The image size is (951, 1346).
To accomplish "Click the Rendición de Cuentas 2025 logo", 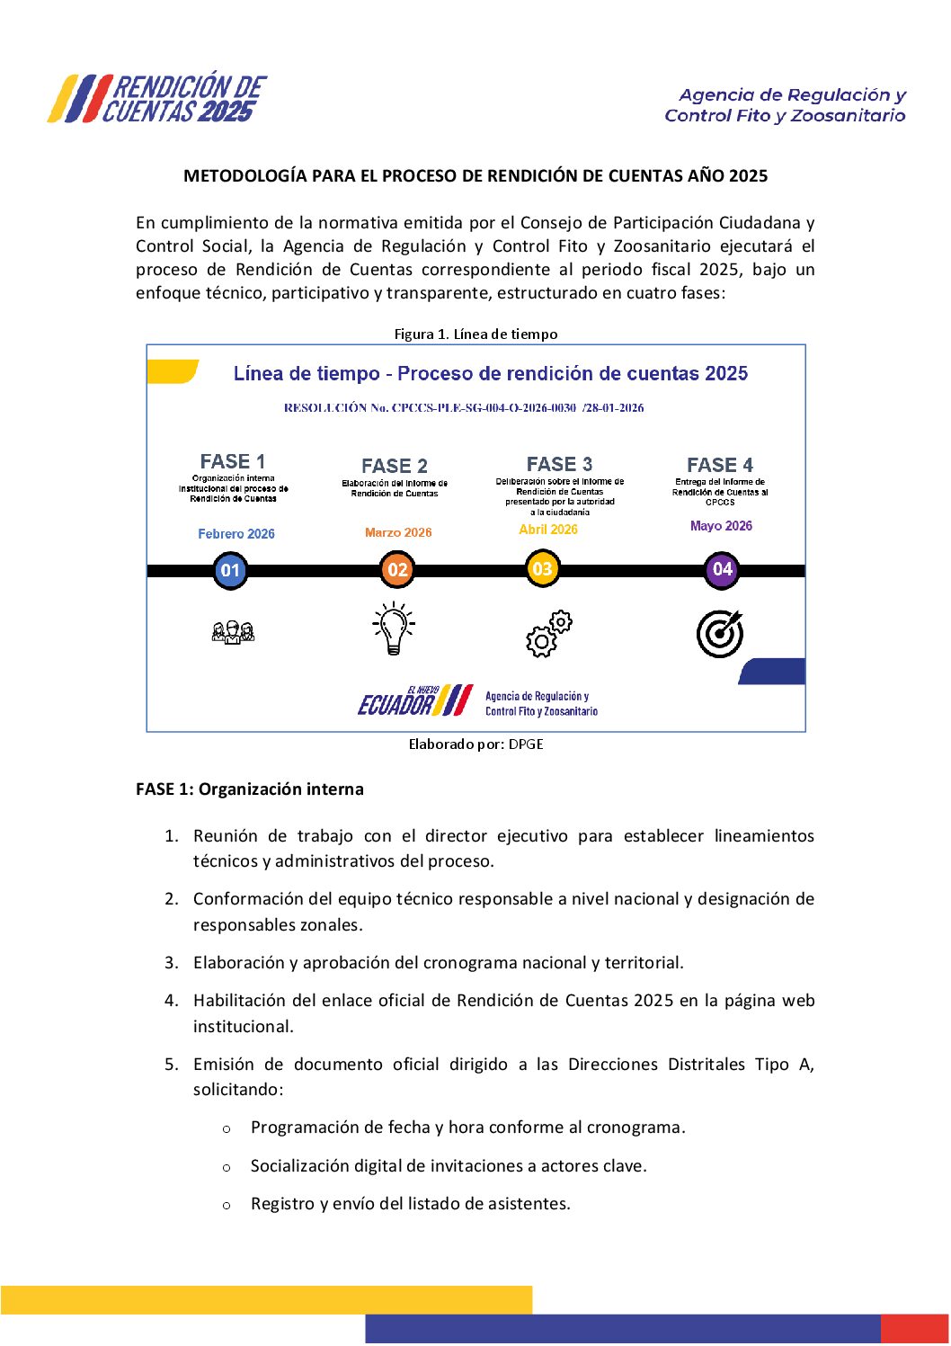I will pyautogui.click(x=158, y=98).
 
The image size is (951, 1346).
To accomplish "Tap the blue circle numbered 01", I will pyautogui.click(x=230, y=570).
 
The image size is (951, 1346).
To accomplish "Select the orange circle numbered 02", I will pyautogui.click(x=397, y=569).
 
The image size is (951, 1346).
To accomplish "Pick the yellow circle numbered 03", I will pyautogui.click(x=542, y=568).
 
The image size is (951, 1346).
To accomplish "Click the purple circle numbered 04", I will pyautogui.click(x=722, y=569).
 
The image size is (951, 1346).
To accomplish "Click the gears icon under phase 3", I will pyautogui.click(x=548, y=634).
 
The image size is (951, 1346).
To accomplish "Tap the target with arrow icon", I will pyautogui.click(x=720, y=633).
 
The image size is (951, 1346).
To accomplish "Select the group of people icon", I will pyautogui.click(x=233, y=632).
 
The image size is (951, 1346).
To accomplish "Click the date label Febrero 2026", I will pyautogui.click(x=236, y=534).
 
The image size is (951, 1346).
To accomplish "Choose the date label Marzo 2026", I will pyautogui.click(x=398, y=533).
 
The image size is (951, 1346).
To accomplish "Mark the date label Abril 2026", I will pyautogui.click(x=548, y=530).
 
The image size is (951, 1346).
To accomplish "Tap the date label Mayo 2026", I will pyautogui.click(x=721, y=526).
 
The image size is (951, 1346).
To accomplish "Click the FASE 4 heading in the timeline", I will pyautogui.click(x=720, y=465).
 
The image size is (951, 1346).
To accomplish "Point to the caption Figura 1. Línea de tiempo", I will pyautogui.click(x=475, y=334).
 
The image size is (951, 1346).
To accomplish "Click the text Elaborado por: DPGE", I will pyautogui.click(x=475, y=744).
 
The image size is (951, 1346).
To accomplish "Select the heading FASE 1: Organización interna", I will pyautogui.click(x=250, y=789).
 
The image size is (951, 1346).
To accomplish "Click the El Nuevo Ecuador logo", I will pyautogui.click(x=414, y=700).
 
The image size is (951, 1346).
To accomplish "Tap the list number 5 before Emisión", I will pyautogui.click(x=171, y=1065).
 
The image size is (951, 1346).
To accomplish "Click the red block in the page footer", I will pyautogui.click(x=914, y=1329).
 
